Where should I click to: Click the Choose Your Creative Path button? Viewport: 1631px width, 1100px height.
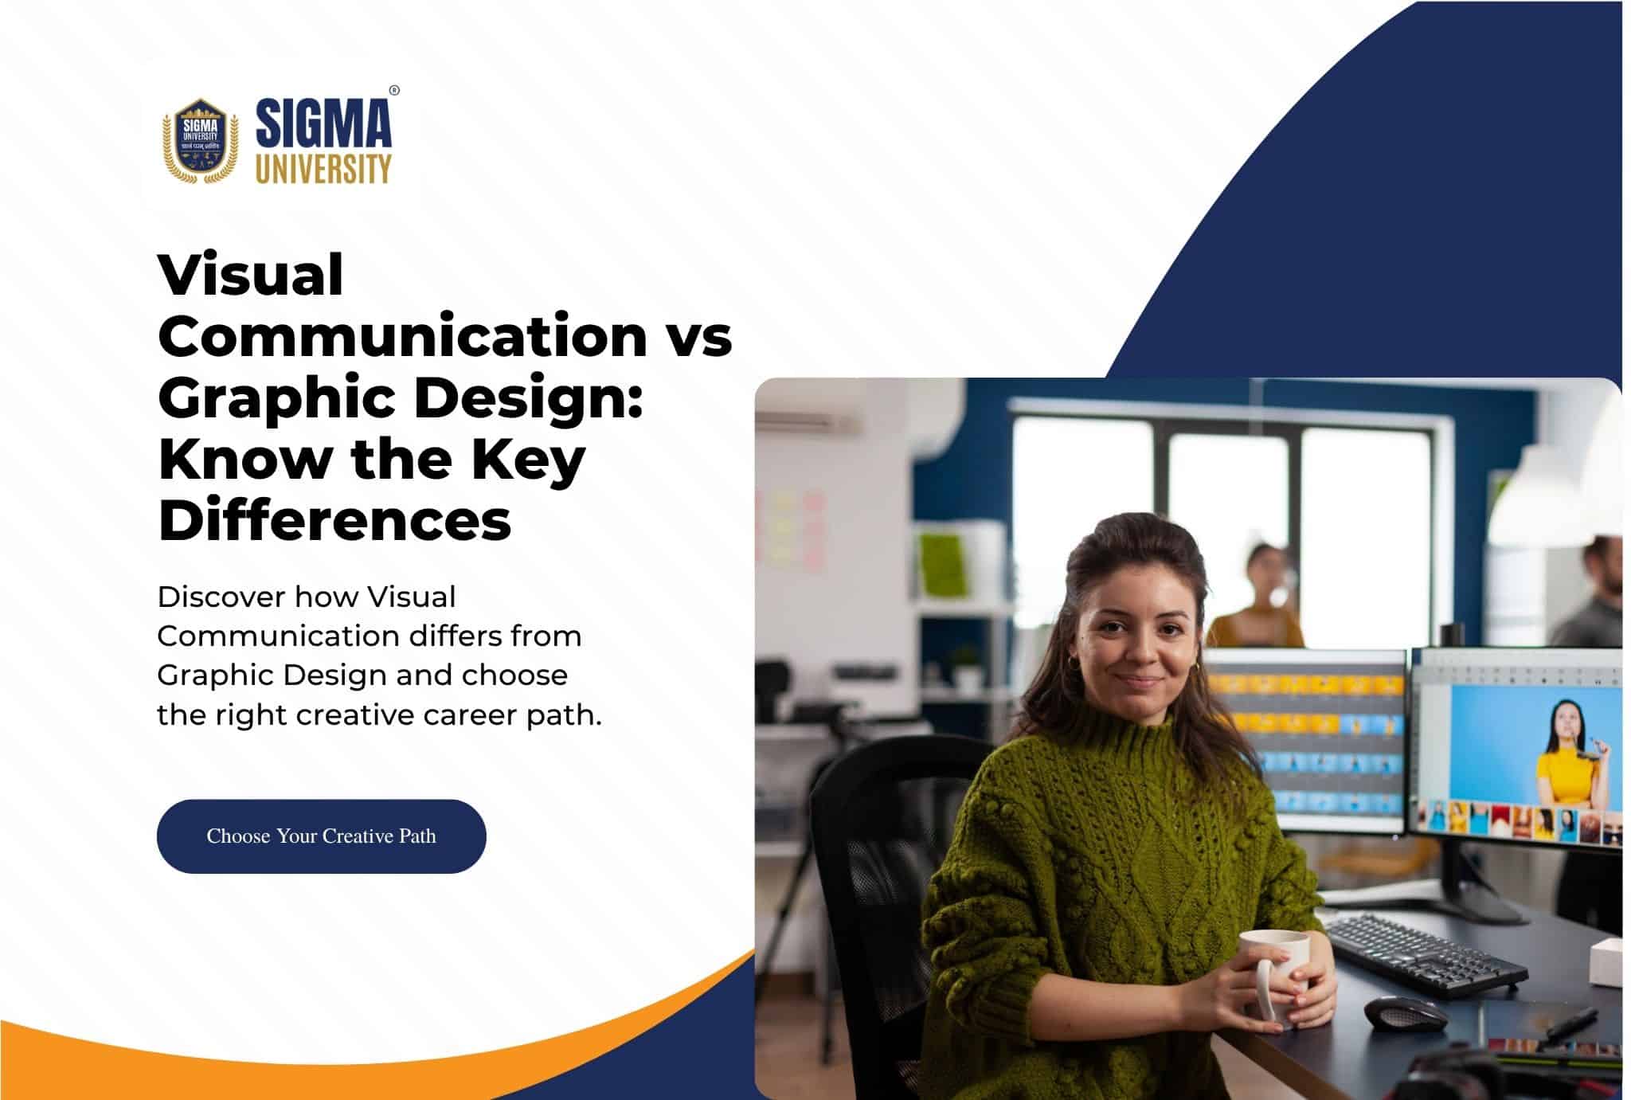point(321,836)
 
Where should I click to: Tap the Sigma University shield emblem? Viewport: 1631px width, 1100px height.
point(201,140)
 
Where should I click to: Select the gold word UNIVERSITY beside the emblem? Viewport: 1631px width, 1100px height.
point(323,169)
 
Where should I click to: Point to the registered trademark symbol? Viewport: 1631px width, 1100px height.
point(394,90)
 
